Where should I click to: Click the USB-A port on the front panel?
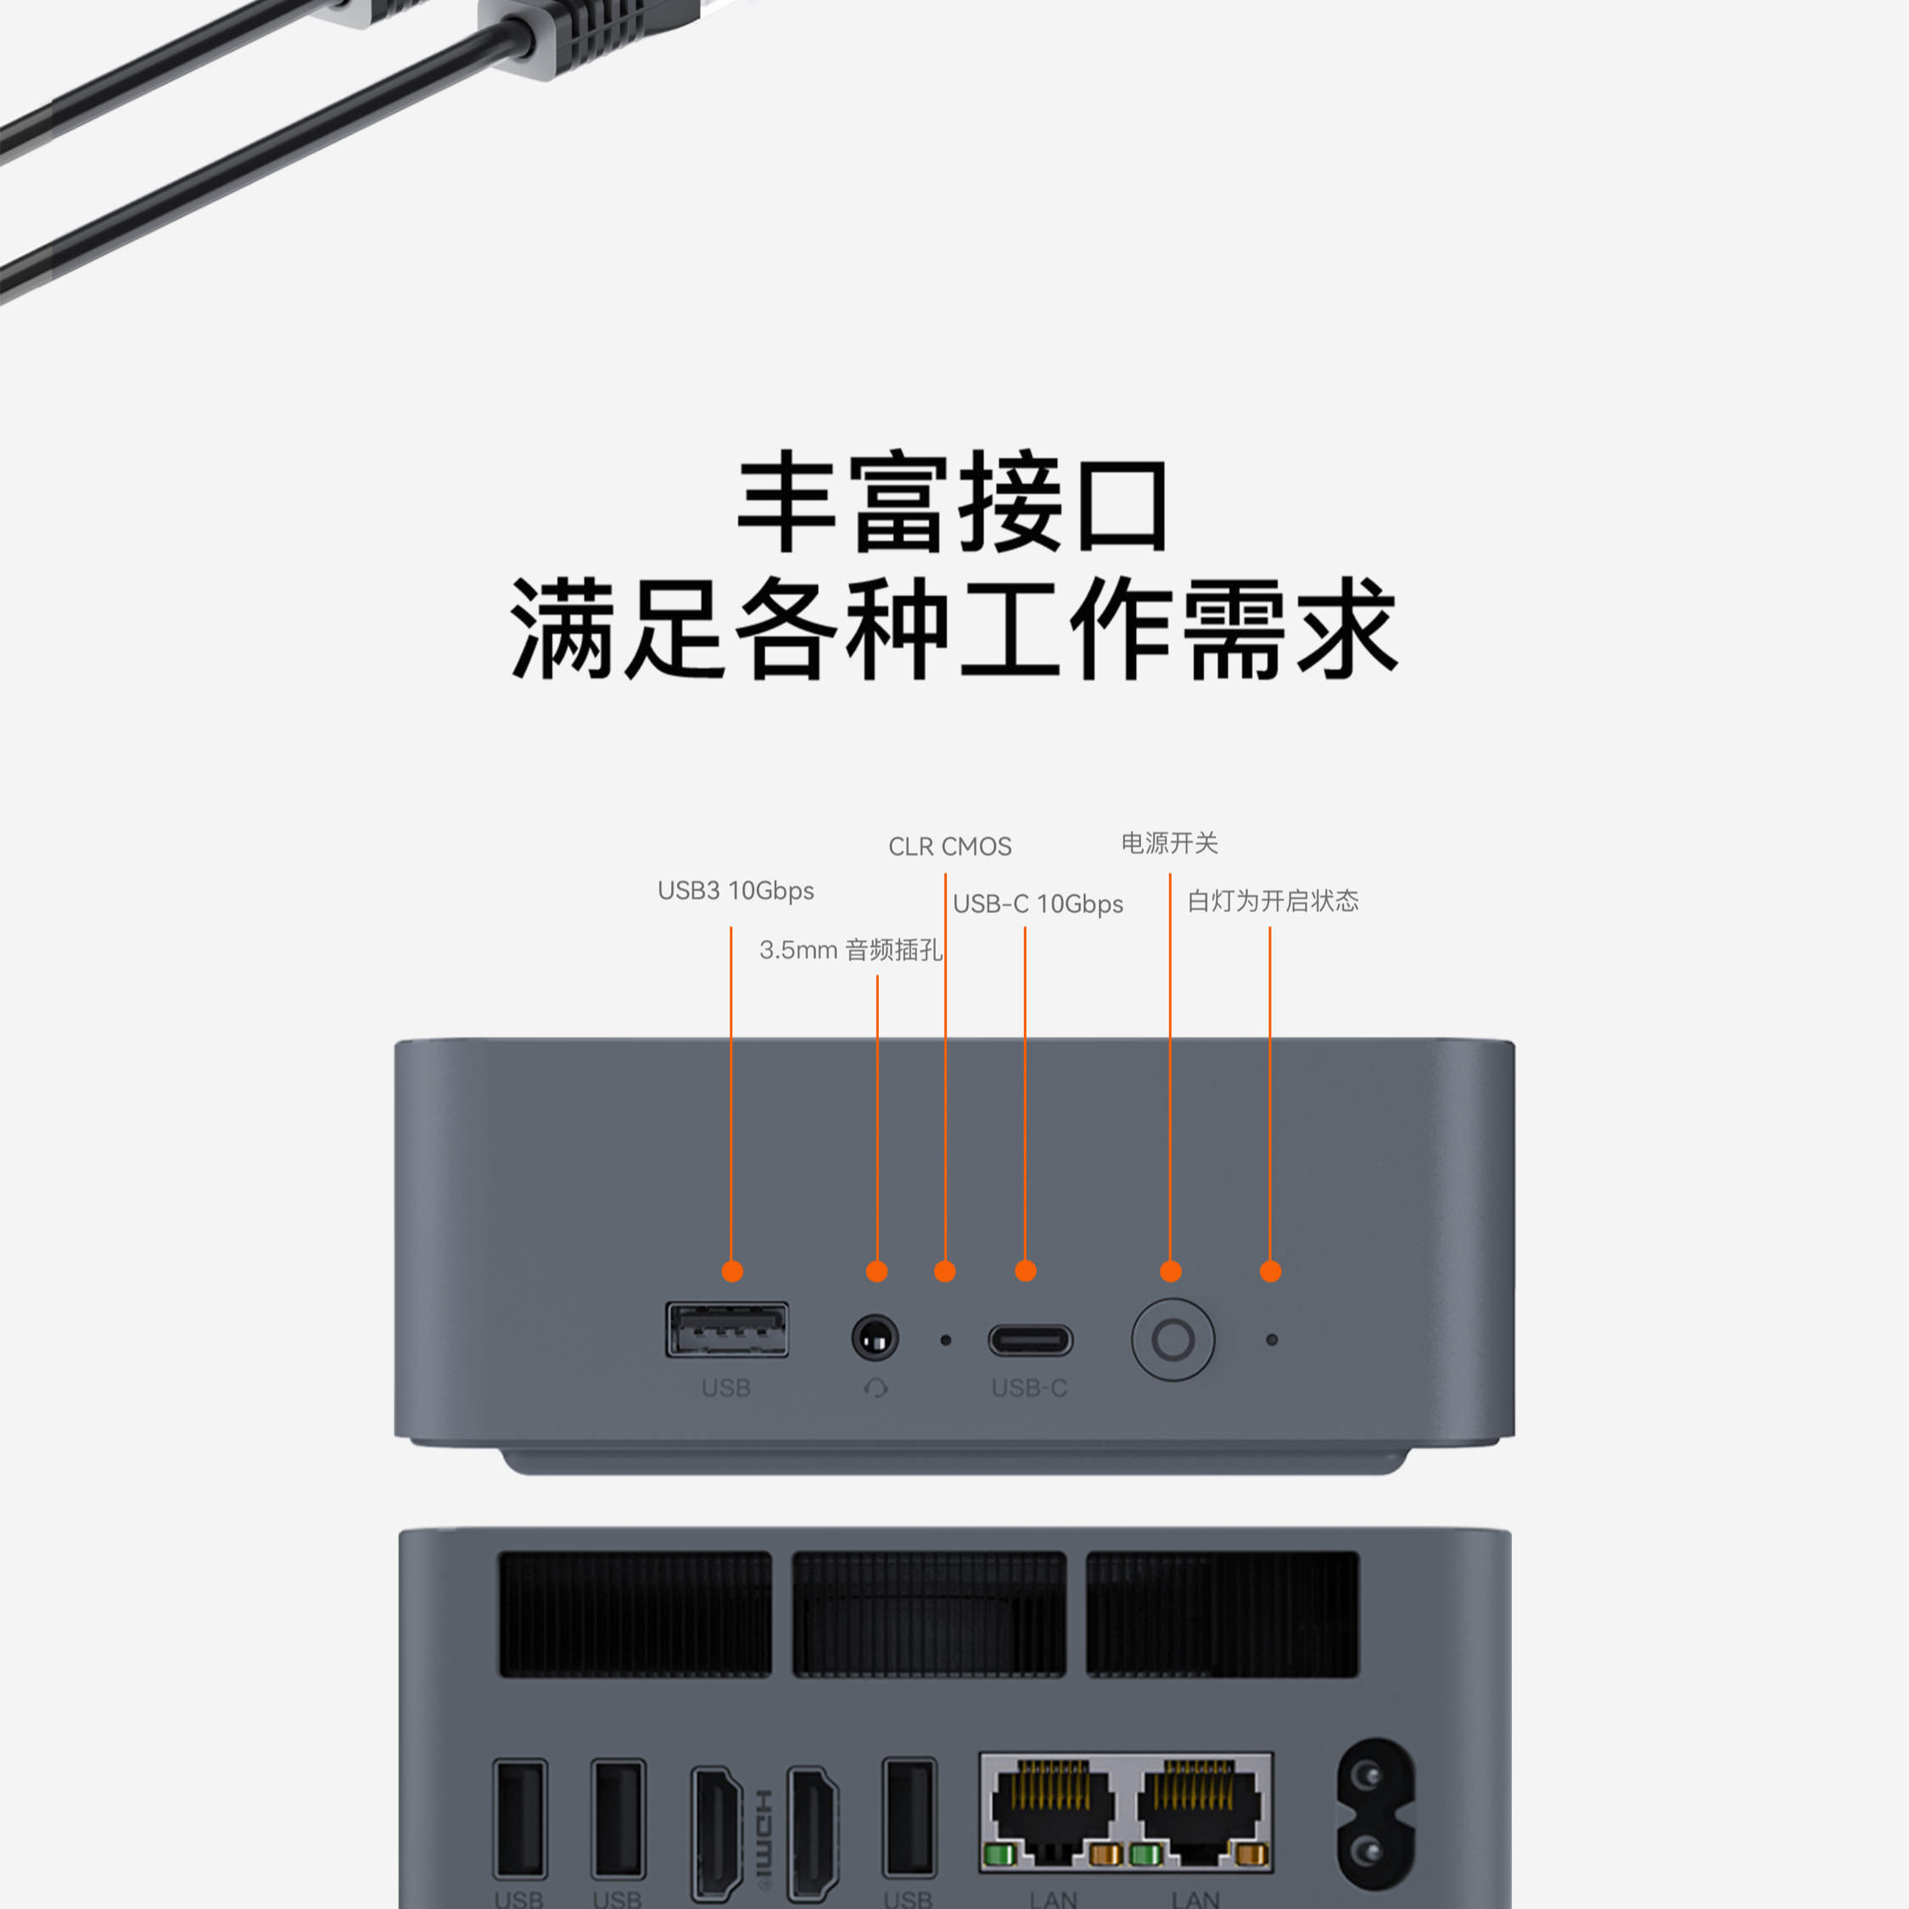(727, 1330)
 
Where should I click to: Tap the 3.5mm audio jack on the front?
(875, 1339)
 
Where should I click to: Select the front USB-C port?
(1030, 1341)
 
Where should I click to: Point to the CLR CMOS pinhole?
(946, 1341)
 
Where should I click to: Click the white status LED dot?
(1272, 1340)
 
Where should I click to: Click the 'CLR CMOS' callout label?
(949, 847)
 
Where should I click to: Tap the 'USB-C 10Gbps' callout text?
(1038, 904)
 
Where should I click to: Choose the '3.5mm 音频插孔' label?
(850, 950)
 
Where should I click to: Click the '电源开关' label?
(1169, 843)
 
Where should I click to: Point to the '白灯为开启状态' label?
(1273, 901)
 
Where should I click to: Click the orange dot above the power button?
(1171, 1272)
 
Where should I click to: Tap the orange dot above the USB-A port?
(732, 1272)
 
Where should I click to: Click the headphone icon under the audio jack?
(876, 1389)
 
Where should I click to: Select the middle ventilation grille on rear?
(929, 1614)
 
